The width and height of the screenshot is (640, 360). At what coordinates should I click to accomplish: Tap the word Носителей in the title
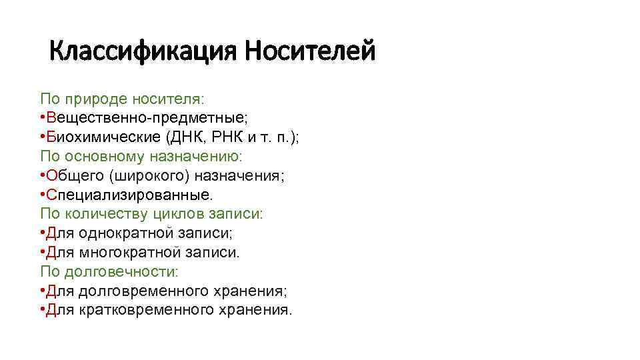[309, 51]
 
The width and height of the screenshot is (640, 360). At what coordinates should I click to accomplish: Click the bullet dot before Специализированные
[42, 195]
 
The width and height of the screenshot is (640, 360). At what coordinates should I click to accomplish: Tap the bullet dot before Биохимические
[42, 137]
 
